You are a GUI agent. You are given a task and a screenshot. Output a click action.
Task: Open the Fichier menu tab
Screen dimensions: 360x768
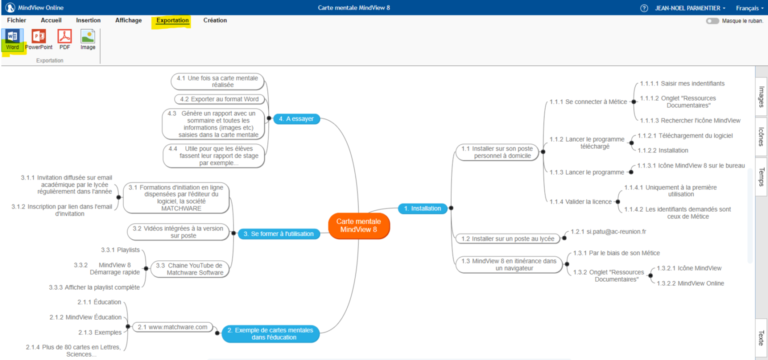pos(16,20)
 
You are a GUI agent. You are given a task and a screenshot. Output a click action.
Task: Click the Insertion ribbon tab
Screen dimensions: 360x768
pos(88,20)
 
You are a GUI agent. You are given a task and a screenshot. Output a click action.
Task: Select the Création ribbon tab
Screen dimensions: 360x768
pos(215,20)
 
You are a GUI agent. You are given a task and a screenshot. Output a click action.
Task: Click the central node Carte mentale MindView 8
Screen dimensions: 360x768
pos(358,225)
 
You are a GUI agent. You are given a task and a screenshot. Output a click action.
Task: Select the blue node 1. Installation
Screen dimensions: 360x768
pos(422,208)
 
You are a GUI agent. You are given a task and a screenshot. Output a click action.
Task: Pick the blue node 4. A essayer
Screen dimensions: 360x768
pos(296,118)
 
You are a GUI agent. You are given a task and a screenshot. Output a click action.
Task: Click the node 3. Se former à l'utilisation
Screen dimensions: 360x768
pos(278,233)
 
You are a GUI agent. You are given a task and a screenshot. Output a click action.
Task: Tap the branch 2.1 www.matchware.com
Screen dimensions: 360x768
pos(172,327)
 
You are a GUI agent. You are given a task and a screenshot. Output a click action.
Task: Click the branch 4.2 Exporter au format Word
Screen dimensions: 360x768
pos(219,99)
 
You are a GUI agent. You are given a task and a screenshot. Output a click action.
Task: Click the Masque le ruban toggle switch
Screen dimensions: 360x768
pos(712,21)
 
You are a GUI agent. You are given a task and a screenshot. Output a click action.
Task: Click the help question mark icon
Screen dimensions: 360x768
pos(644,8)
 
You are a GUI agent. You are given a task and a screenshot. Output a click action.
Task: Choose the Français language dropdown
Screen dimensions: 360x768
pos(749,8)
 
